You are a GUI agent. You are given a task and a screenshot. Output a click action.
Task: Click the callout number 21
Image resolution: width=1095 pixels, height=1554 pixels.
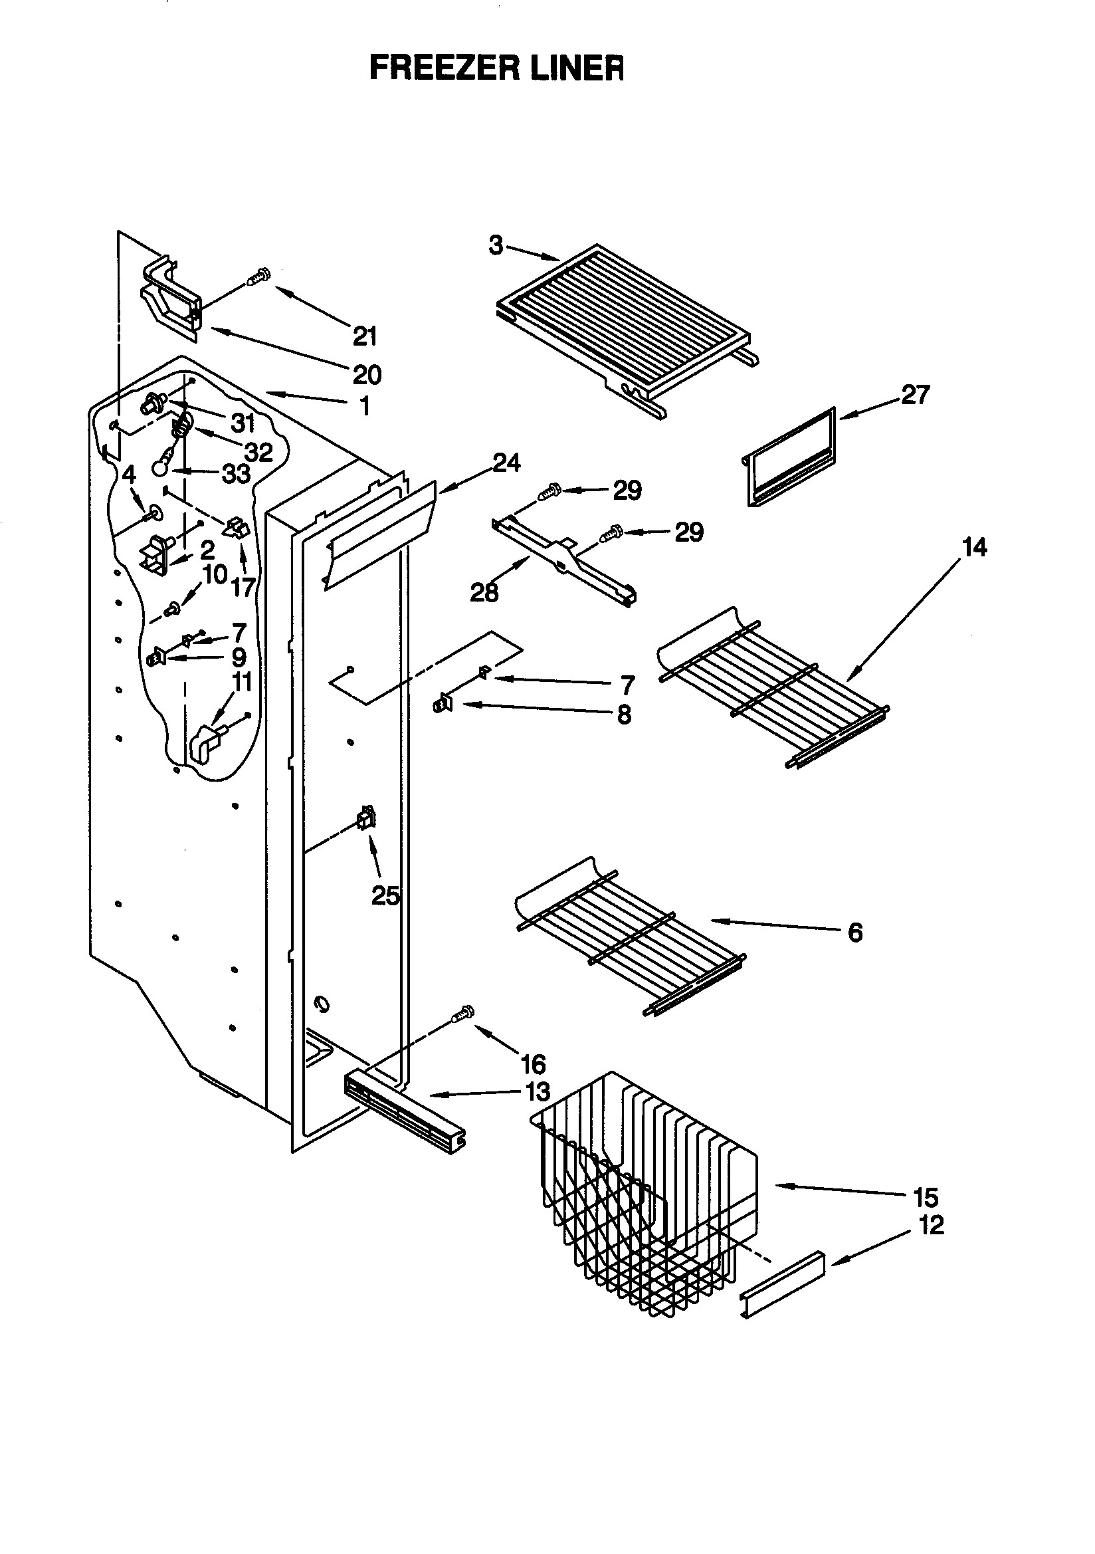365,336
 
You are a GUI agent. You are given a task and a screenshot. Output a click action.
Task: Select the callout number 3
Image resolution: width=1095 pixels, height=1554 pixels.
496,245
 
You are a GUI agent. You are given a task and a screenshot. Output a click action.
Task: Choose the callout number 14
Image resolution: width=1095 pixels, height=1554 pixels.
974,546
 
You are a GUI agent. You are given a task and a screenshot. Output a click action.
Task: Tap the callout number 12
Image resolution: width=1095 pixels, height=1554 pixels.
932,1224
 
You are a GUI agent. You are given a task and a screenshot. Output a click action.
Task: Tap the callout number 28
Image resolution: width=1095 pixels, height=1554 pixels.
484,592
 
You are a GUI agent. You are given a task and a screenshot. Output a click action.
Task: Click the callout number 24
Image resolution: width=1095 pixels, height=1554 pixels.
506,463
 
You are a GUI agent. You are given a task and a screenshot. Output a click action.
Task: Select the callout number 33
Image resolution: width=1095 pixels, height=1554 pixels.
236,474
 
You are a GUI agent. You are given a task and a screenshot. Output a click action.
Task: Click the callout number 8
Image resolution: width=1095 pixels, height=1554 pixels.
624,714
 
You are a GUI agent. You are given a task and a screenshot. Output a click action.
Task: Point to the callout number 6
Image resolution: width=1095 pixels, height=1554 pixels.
854,932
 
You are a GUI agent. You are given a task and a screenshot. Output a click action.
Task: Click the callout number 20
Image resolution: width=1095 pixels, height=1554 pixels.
367,374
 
